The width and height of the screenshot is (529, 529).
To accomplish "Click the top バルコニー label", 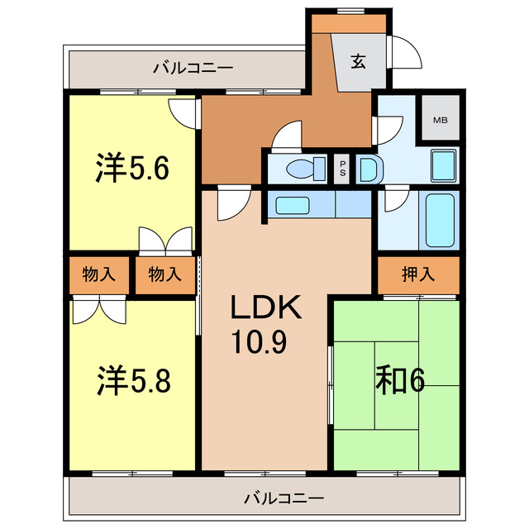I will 193,68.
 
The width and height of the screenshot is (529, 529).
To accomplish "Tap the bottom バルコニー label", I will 284,498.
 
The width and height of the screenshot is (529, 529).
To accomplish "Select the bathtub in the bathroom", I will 438,219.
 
